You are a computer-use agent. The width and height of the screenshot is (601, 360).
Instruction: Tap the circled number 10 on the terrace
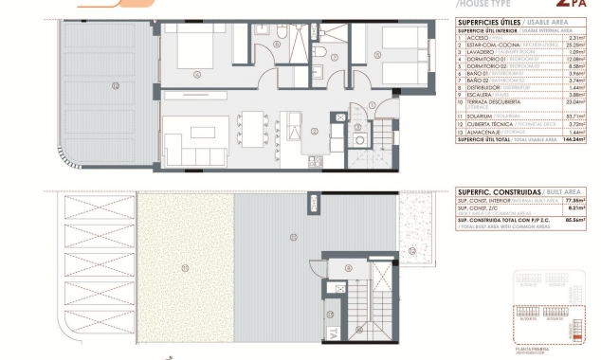pyautogui.click(x=116, y=86)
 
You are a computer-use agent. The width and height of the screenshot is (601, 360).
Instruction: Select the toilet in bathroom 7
pyautogui.click(x=322, y=53)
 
